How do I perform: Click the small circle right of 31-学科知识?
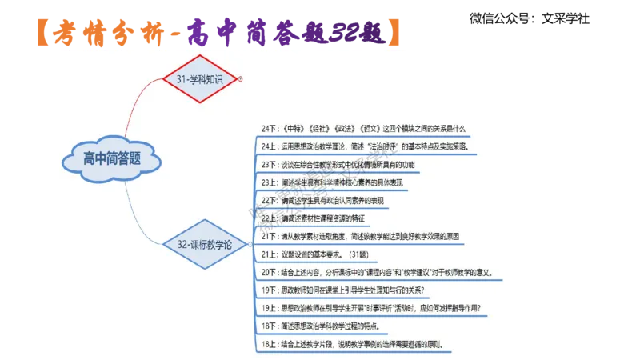click(240, 78)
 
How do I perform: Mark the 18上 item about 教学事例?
click(352, 345)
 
